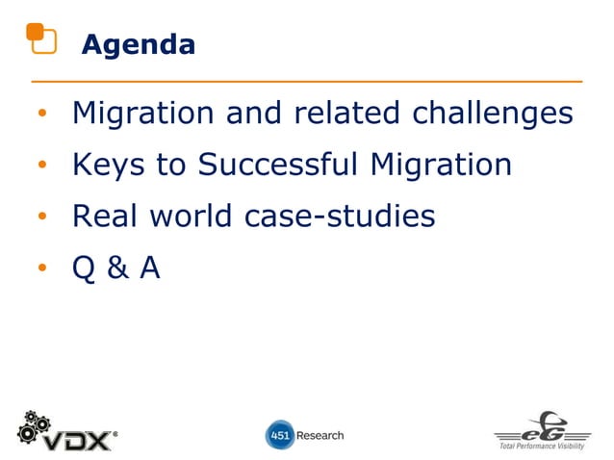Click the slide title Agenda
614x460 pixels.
pos(138,44)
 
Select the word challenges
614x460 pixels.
pos(493,114)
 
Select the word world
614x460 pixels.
pos(191,217)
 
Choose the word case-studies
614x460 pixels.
pos(339,217)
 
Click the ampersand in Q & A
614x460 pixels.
pos(117,268)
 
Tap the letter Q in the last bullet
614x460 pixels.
pos(85,268)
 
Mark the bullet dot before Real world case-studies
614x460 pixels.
pos(41,218)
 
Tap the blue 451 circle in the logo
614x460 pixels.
pos(278,435)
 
